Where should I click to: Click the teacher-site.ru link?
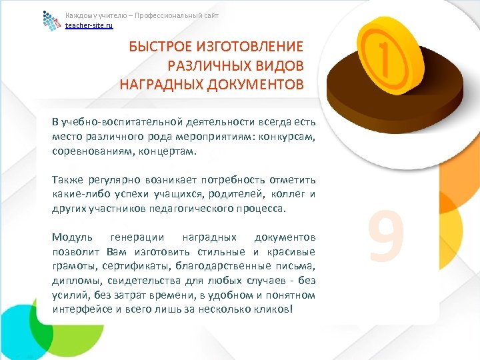(89, 25)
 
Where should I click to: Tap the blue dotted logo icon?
(52, 21)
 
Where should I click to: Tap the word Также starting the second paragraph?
(65, 180)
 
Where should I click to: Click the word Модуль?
(69, 237)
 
